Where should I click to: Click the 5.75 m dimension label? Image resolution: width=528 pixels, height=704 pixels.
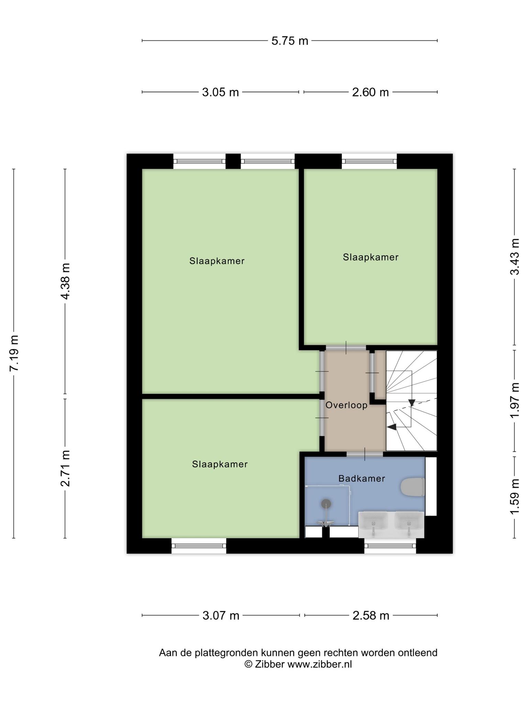(290, 41)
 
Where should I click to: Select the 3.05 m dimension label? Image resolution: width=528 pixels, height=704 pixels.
(220, 92)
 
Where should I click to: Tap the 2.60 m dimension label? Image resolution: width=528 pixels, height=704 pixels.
(370, 92)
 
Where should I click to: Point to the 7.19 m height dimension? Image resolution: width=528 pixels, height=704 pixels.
(14, 353)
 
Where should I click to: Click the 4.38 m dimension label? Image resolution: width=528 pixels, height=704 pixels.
(65, 281)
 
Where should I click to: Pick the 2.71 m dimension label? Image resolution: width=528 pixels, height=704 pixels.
(65, 468)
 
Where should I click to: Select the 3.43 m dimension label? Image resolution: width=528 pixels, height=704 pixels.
(515, 257)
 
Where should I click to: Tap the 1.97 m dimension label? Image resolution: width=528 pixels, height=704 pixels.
(515, 400)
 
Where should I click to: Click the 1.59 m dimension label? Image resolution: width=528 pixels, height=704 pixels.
(515, 497)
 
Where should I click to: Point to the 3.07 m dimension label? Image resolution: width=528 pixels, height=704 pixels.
(221, 615)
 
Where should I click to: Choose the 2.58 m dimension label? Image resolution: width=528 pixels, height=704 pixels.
(371, 615)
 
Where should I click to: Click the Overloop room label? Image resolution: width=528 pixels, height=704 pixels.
(346, 405)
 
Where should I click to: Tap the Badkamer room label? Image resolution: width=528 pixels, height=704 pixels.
(362, 478)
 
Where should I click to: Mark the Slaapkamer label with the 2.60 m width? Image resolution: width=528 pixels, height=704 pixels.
(371, 257)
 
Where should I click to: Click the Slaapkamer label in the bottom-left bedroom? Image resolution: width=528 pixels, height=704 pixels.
(220, 464)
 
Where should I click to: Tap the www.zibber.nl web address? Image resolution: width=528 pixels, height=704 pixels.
(320, 664)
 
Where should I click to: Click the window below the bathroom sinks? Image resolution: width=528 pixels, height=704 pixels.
(390, 546)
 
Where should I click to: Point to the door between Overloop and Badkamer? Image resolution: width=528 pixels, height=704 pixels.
(365, 454)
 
